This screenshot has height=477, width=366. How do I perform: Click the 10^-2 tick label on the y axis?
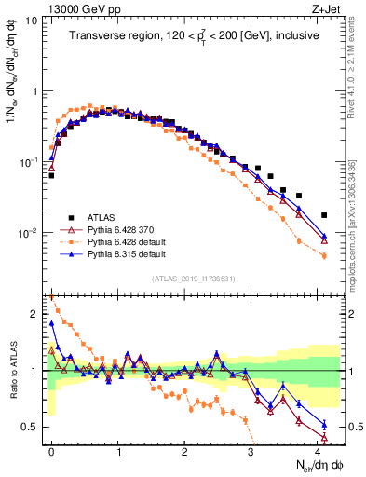pos(29,232)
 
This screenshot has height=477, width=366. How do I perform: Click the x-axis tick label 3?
pos(251,450)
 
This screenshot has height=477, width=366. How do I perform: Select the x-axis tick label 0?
pos(51,450)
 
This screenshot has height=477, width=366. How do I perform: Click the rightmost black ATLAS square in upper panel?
pos(324,215)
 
